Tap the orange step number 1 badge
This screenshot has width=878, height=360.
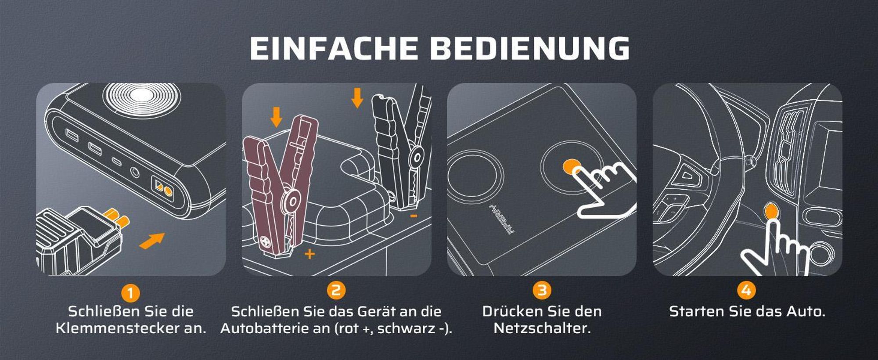click(130, 293)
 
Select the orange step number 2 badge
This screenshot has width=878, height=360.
click(336, 291)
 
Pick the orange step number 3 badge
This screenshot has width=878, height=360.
click(542, 291)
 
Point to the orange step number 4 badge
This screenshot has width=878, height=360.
click(746, 291)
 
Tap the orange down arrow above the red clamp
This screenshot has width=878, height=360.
click(276, 117)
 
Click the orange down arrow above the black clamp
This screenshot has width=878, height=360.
click(357, 98)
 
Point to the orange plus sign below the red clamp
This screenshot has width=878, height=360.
click(309, 254)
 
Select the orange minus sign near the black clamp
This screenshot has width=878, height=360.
click(414, 216)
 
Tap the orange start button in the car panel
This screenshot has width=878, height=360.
click(770, 211)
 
